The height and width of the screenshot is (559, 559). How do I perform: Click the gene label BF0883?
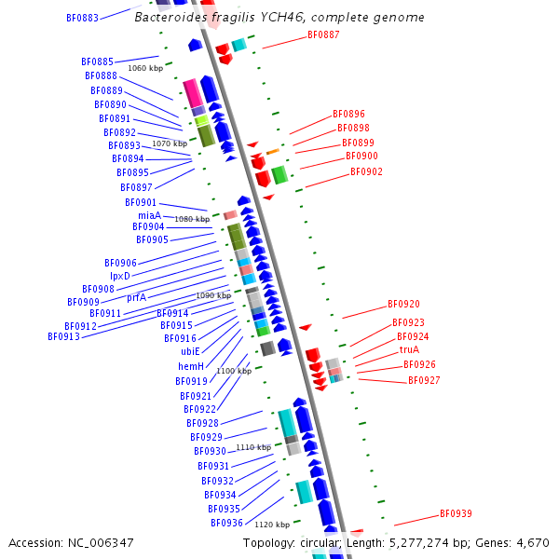pyautogui.click(x=82, y=18)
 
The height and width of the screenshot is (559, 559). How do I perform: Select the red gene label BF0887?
pyautogui.click(x=323, y=35)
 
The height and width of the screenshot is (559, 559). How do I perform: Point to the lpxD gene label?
pyautogui.click(x=120, y=276)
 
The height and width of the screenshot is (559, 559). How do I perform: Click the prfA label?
pyautogui.click(x=136, y=297)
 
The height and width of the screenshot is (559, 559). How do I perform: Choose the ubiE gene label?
pyautogui.click(x=190, y=351)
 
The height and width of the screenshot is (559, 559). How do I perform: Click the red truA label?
pyautogui.click(x=409, y=350)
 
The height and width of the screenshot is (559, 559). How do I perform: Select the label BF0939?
pyautogui.click(x=456, y=514)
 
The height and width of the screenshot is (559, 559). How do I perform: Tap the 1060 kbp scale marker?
pyautogui.click(x=144, y=69)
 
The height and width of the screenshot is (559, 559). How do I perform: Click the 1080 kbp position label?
pyautogui.click(x=192, y=219)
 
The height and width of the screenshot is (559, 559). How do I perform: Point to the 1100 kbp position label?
pyautogui.click(x=234, y=371)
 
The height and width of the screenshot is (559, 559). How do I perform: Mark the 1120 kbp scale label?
pyautogui.click(x=272, y=525)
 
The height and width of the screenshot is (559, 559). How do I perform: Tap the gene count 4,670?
pyautogui.click(x=531, y=542)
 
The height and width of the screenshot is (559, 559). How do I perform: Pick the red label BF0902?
pyautogui.click(x=366, y=171)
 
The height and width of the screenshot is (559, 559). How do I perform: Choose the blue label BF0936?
pyautogui.click(x=226, y=523)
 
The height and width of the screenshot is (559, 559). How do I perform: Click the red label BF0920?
pyautogui.click(x=403, y=305)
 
